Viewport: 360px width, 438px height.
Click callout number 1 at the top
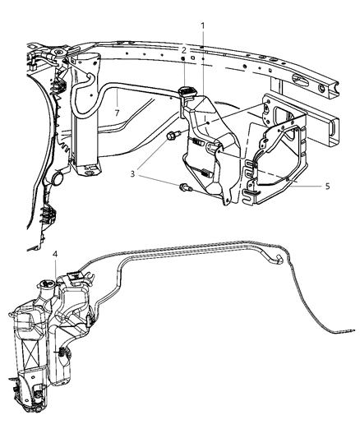(x=203, y=25)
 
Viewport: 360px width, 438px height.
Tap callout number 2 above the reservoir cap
(x=185, y=51)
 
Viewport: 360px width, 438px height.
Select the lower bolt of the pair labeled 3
(x=182, y=189)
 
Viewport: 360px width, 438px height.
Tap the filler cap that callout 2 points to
(x=185, y=88)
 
